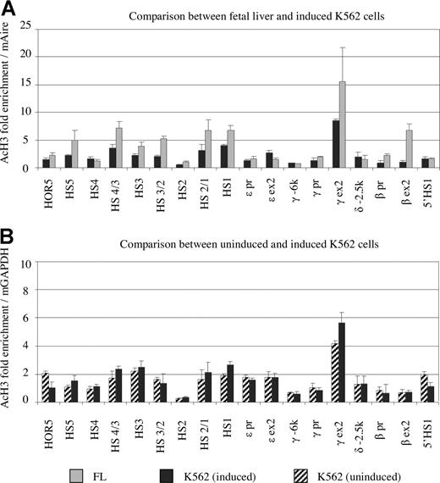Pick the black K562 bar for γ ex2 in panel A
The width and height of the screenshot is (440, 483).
pos(336,144)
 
